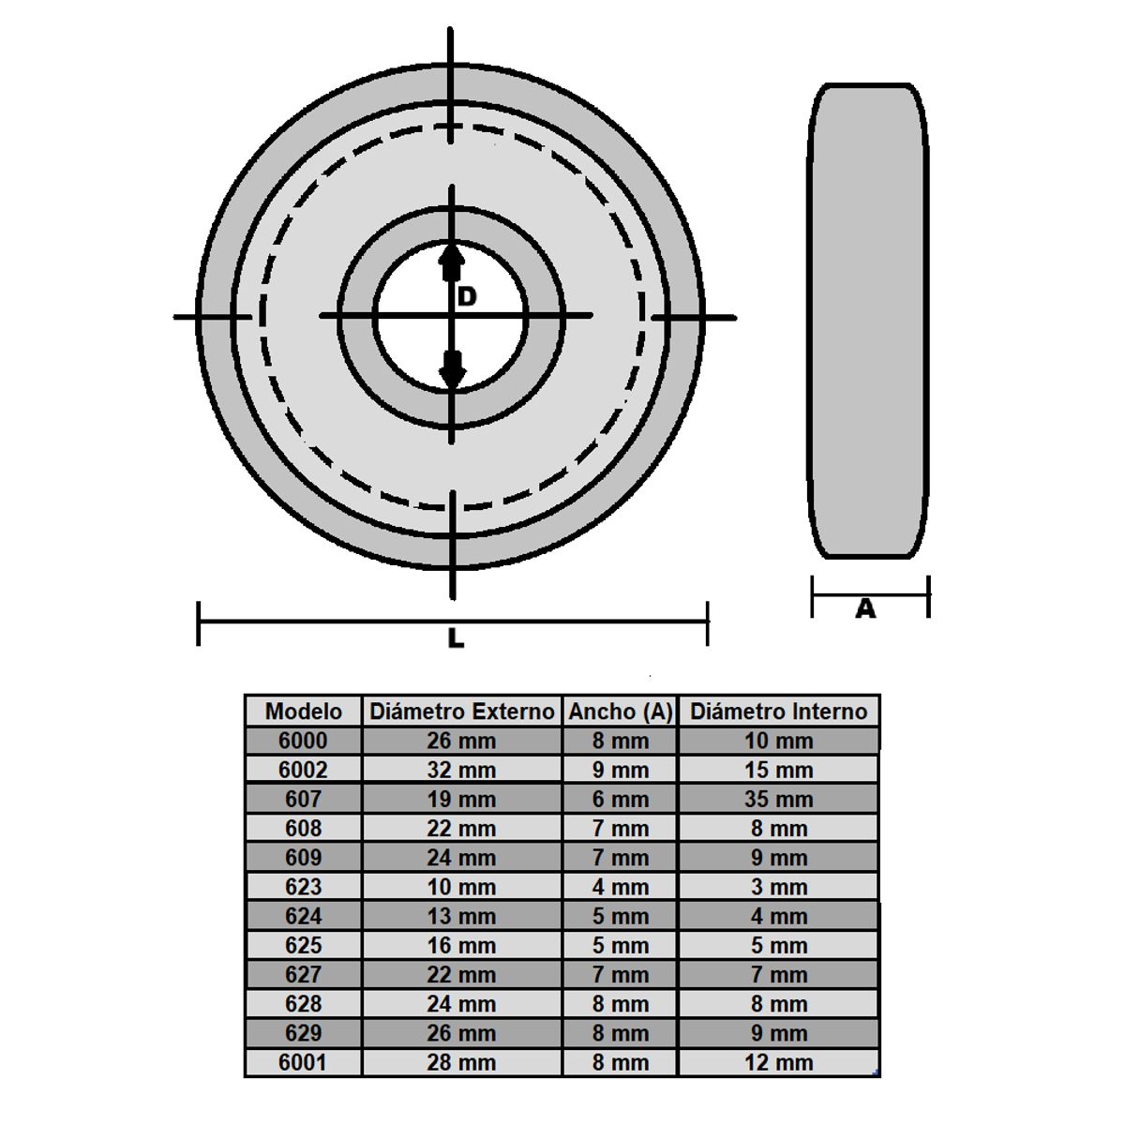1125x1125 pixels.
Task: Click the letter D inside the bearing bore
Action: click(467, 297)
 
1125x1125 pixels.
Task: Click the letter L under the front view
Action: click(456, 638)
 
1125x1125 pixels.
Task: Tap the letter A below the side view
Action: click(865, 609)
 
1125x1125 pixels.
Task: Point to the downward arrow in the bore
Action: click(452, 368)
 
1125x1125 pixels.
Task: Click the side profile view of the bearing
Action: click(868, 321)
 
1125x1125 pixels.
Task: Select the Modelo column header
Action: click(303, 712)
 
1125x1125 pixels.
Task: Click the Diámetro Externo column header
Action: click(461, 712)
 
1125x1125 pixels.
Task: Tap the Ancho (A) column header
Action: click(620, 712)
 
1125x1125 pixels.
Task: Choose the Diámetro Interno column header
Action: click(778, 712)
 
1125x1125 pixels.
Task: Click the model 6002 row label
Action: click(303, 770)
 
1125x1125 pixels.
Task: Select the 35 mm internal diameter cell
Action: click(778, 800)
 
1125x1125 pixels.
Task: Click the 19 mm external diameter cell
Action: click(461, 800)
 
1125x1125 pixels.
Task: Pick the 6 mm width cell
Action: click(620, 800)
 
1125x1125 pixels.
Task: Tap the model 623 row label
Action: click(303, 887)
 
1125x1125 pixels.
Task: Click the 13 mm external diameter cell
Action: click(461, 916)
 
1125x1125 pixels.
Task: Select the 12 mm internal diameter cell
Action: click(778, 1062)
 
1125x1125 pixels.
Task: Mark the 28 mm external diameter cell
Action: click(461, 1062)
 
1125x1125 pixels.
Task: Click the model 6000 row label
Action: click(303, 741)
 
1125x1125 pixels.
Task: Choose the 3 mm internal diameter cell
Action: click(778, 887)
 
